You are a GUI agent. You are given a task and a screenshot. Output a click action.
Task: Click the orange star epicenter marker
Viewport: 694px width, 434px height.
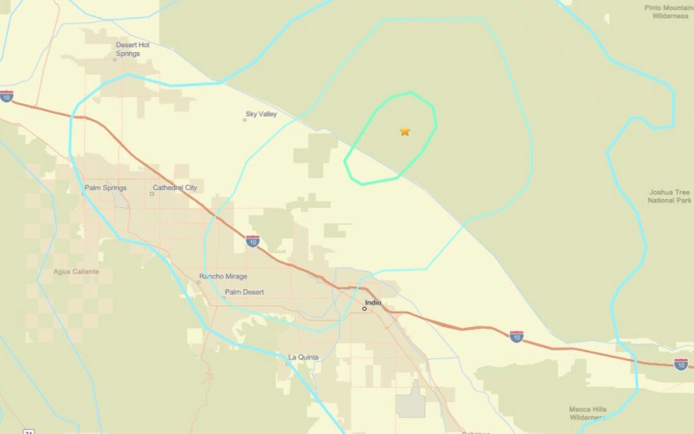click(x=405, y=131)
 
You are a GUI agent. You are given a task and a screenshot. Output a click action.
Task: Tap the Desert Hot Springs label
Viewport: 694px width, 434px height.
click(x=132, y=50)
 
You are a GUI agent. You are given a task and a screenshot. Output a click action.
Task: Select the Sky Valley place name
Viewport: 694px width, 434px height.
click(x=262, y=114)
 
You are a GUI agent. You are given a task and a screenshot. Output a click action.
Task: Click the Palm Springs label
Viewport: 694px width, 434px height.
click(x=105, y=188)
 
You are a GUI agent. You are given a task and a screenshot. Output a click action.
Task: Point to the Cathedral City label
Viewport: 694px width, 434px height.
click(x=175, y=188)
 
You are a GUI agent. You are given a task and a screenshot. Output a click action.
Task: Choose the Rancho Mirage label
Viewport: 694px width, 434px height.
click(x=223, y=276)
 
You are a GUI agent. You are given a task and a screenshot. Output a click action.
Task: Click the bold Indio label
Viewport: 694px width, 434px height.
click(x=373, y=302)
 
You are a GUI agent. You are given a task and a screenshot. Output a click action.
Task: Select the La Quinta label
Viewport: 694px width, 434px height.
click(x=303, y=357)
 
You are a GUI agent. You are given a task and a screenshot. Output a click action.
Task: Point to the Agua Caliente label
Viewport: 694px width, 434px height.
click(x=76, y=271)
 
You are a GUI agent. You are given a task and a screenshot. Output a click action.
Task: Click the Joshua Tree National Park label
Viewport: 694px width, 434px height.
click(x=670, y=196)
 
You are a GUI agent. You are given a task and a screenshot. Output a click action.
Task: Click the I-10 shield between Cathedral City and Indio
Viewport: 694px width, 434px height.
click(x=253, y=241)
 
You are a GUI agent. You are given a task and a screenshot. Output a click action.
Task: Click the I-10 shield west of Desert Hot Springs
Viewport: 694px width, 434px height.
click(x=6, y=96)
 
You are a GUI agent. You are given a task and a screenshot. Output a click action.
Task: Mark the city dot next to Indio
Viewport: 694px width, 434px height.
click(x=364, y=309)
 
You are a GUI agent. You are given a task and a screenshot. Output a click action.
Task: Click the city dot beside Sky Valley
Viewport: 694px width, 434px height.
click(x=245, y=120)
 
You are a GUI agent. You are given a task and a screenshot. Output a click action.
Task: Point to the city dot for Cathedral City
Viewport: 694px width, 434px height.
click(x=152, y=193)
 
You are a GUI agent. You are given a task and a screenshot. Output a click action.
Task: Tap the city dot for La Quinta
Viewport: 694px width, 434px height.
click(x=287, y=363)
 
